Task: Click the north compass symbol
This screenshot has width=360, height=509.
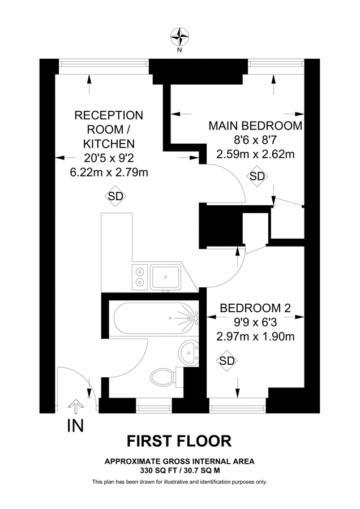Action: (180, 37)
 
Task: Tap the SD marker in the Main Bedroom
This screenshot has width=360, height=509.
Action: (257, 176)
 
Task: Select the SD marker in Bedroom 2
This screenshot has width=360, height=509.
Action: (227, 361)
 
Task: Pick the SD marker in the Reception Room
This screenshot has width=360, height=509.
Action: (115, 196)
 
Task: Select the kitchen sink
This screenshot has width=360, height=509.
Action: (165, 277)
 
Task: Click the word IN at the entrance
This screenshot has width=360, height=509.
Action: (75, 426)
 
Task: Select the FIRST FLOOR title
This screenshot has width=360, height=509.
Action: (179, 441)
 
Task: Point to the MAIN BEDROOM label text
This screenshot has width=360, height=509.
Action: (255, 126)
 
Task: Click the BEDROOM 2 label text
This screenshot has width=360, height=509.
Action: (255, 308)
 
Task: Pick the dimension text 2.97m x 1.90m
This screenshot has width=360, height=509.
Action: (255, 337)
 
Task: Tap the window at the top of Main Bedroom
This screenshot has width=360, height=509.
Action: (276, 64)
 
